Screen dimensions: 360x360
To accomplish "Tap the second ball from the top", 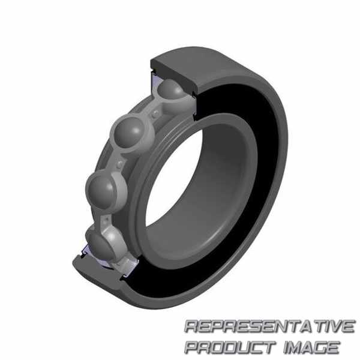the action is pos(129,132).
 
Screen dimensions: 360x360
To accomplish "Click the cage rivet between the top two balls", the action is pos(156,113).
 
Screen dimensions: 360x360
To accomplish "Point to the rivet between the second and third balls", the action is pos(120,164).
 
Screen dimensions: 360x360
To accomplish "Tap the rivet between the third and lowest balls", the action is pos(106,220).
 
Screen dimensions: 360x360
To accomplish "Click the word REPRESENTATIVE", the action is pos(269,326).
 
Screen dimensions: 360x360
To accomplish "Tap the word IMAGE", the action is pos(311,347).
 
